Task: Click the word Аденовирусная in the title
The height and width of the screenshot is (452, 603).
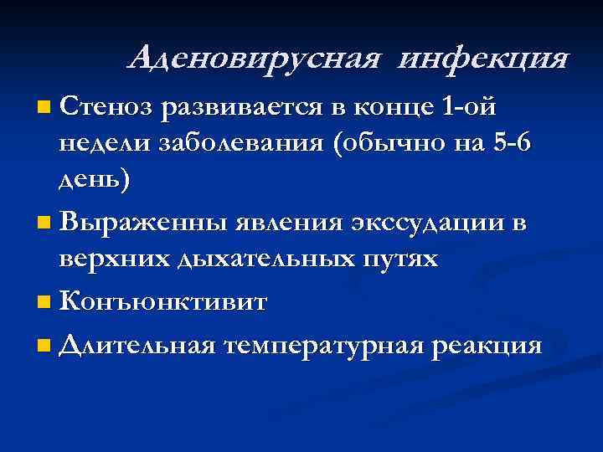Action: pyautogui.click(x=255, y=58)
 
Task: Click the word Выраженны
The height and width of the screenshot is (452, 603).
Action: pyautogui.click(x=147, y=223)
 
